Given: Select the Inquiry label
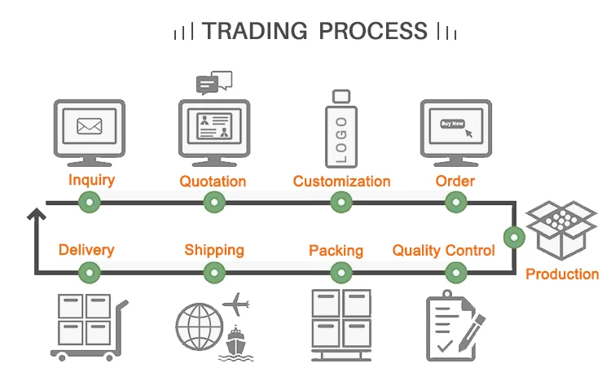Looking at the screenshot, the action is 91,180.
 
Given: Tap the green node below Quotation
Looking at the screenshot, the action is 213,203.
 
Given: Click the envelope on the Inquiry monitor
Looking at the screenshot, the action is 89,125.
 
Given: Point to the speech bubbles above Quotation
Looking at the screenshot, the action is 214,82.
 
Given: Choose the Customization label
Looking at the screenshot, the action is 341,181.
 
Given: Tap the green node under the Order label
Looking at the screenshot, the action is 455,203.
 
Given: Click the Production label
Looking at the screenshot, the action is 562,274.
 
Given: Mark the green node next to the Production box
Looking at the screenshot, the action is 514,238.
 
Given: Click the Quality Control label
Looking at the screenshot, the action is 443,250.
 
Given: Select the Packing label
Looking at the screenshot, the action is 336,250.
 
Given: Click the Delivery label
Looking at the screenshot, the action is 86,250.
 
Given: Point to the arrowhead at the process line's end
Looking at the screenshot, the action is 36,214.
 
